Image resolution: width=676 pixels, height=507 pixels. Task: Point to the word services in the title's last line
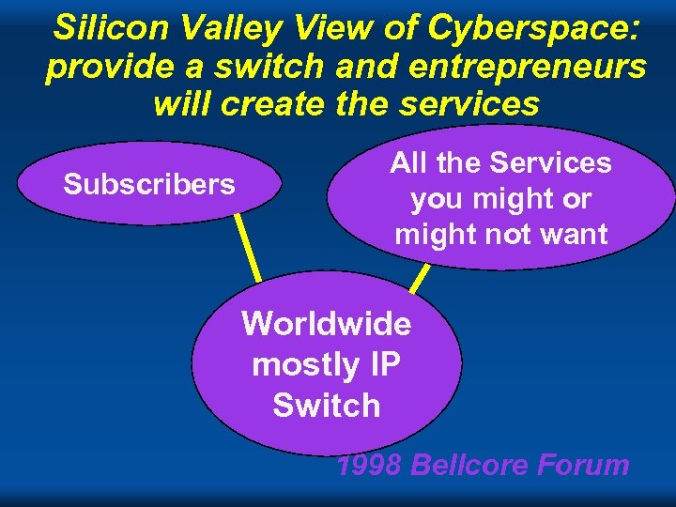(469, 103)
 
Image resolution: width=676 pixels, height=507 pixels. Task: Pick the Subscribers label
(149, 184)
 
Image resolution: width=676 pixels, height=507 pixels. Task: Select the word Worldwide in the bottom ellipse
(327, 324)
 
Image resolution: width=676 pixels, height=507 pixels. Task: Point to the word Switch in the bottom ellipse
(327, 406)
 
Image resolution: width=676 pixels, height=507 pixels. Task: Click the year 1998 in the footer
(370, 465)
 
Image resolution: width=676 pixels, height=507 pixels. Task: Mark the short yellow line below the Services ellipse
(421, 278)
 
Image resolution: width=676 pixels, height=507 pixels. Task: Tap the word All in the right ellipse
(410, 163)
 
